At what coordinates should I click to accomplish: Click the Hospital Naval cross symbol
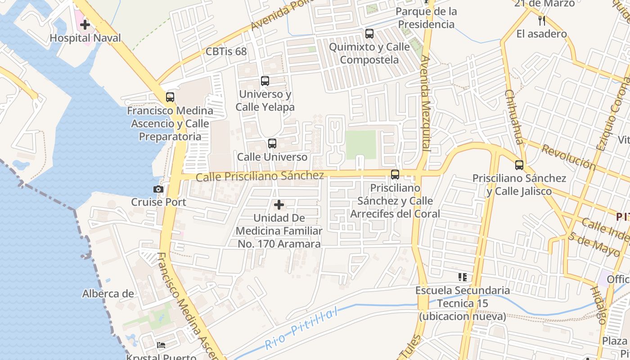click(x=85, y=25)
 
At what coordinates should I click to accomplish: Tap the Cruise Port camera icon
click(x=158, y=189)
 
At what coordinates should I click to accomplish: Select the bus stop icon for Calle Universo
click(x=272, y=144)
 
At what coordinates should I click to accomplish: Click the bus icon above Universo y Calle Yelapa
click(x=265, y=81)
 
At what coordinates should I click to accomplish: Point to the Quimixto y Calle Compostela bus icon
click(x=369, y=33)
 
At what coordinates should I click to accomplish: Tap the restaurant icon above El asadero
click(x=542, y=20)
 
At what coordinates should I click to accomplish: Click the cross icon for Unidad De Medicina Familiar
click(x=279, y=205)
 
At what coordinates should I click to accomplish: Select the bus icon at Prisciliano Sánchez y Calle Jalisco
click(x=519, y=165)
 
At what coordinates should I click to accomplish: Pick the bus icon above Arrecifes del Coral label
click(x=395, y=175)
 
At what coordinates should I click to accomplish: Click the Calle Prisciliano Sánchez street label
click(x=260, y=176)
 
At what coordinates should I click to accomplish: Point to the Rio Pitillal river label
click(x=301, y=329)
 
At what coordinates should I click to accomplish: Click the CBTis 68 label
click(x=226, y=51)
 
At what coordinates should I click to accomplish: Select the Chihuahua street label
click(x=513, y=117)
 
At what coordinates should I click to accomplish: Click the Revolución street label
click(x=568, y=157)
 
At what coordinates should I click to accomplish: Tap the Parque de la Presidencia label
click(x=426, y=18)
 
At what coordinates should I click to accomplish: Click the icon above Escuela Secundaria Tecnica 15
click(x=463, y=277)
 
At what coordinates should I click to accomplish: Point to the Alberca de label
click(x=108, y=294)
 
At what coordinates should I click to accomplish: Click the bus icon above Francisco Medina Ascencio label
click(x=170, y=97)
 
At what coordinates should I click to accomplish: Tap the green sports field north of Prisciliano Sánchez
click(x=361, y=144)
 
